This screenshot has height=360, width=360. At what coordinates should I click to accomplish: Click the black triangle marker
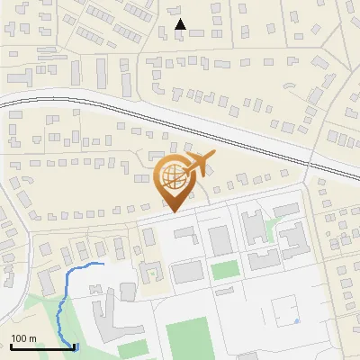[x=180, y=25]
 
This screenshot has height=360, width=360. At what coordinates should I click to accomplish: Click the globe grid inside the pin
[x=174, y=175]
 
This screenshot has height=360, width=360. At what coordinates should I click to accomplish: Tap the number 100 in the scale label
[x=22, y=338]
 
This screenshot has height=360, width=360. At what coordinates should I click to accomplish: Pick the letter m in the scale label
[x=33, y=338]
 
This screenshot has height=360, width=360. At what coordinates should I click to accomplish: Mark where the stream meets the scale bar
[x=73, y=346]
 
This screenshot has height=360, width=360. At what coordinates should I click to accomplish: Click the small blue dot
[x=296, y=321]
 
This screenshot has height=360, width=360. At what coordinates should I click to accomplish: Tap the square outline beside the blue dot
[x=287, y=313]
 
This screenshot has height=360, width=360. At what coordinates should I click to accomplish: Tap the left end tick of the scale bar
[x=11, y=345]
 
